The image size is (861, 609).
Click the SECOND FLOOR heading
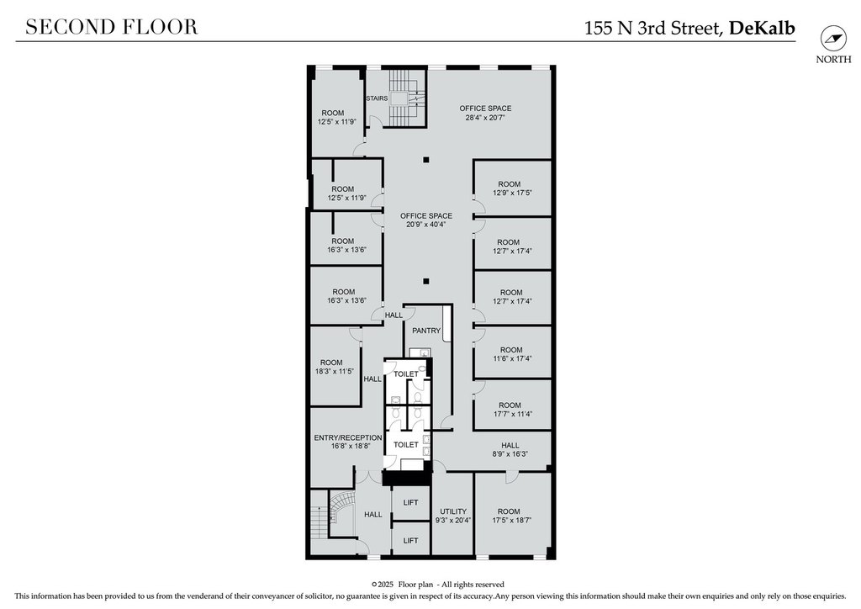[x=112, y=27]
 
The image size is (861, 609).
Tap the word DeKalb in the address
[x=762, y=28]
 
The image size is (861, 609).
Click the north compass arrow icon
[x=833, y=39]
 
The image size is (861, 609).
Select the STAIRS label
[x=377, y=98]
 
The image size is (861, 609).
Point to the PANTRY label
[x=426, y=331]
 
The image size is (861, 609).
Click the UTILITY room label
[x=453, y=511]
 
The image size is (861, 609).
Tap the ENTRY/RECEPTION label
[x=348, y=437]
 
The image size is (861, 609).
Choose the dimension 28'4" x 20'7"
[x=485, y=117]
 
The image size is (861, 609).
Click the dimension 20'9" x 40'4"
[x=426, y=225]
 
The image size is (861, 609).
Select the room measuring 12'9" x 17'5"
[x=512, y=188]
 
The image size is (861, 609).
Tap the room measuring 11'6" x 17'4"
[x=512, y=353]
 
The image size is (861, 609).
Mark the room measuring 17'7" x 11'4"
[x=512, y=405]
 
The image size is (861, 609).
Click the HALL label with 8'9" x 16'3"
[x=510, y=445]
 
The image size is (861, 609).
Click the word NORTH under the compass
[x=833, y=60]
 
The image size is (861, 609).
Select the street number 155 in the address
[x=599, y=28]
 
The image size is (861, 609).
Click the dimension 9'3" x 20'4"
[x=453, y=520]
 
